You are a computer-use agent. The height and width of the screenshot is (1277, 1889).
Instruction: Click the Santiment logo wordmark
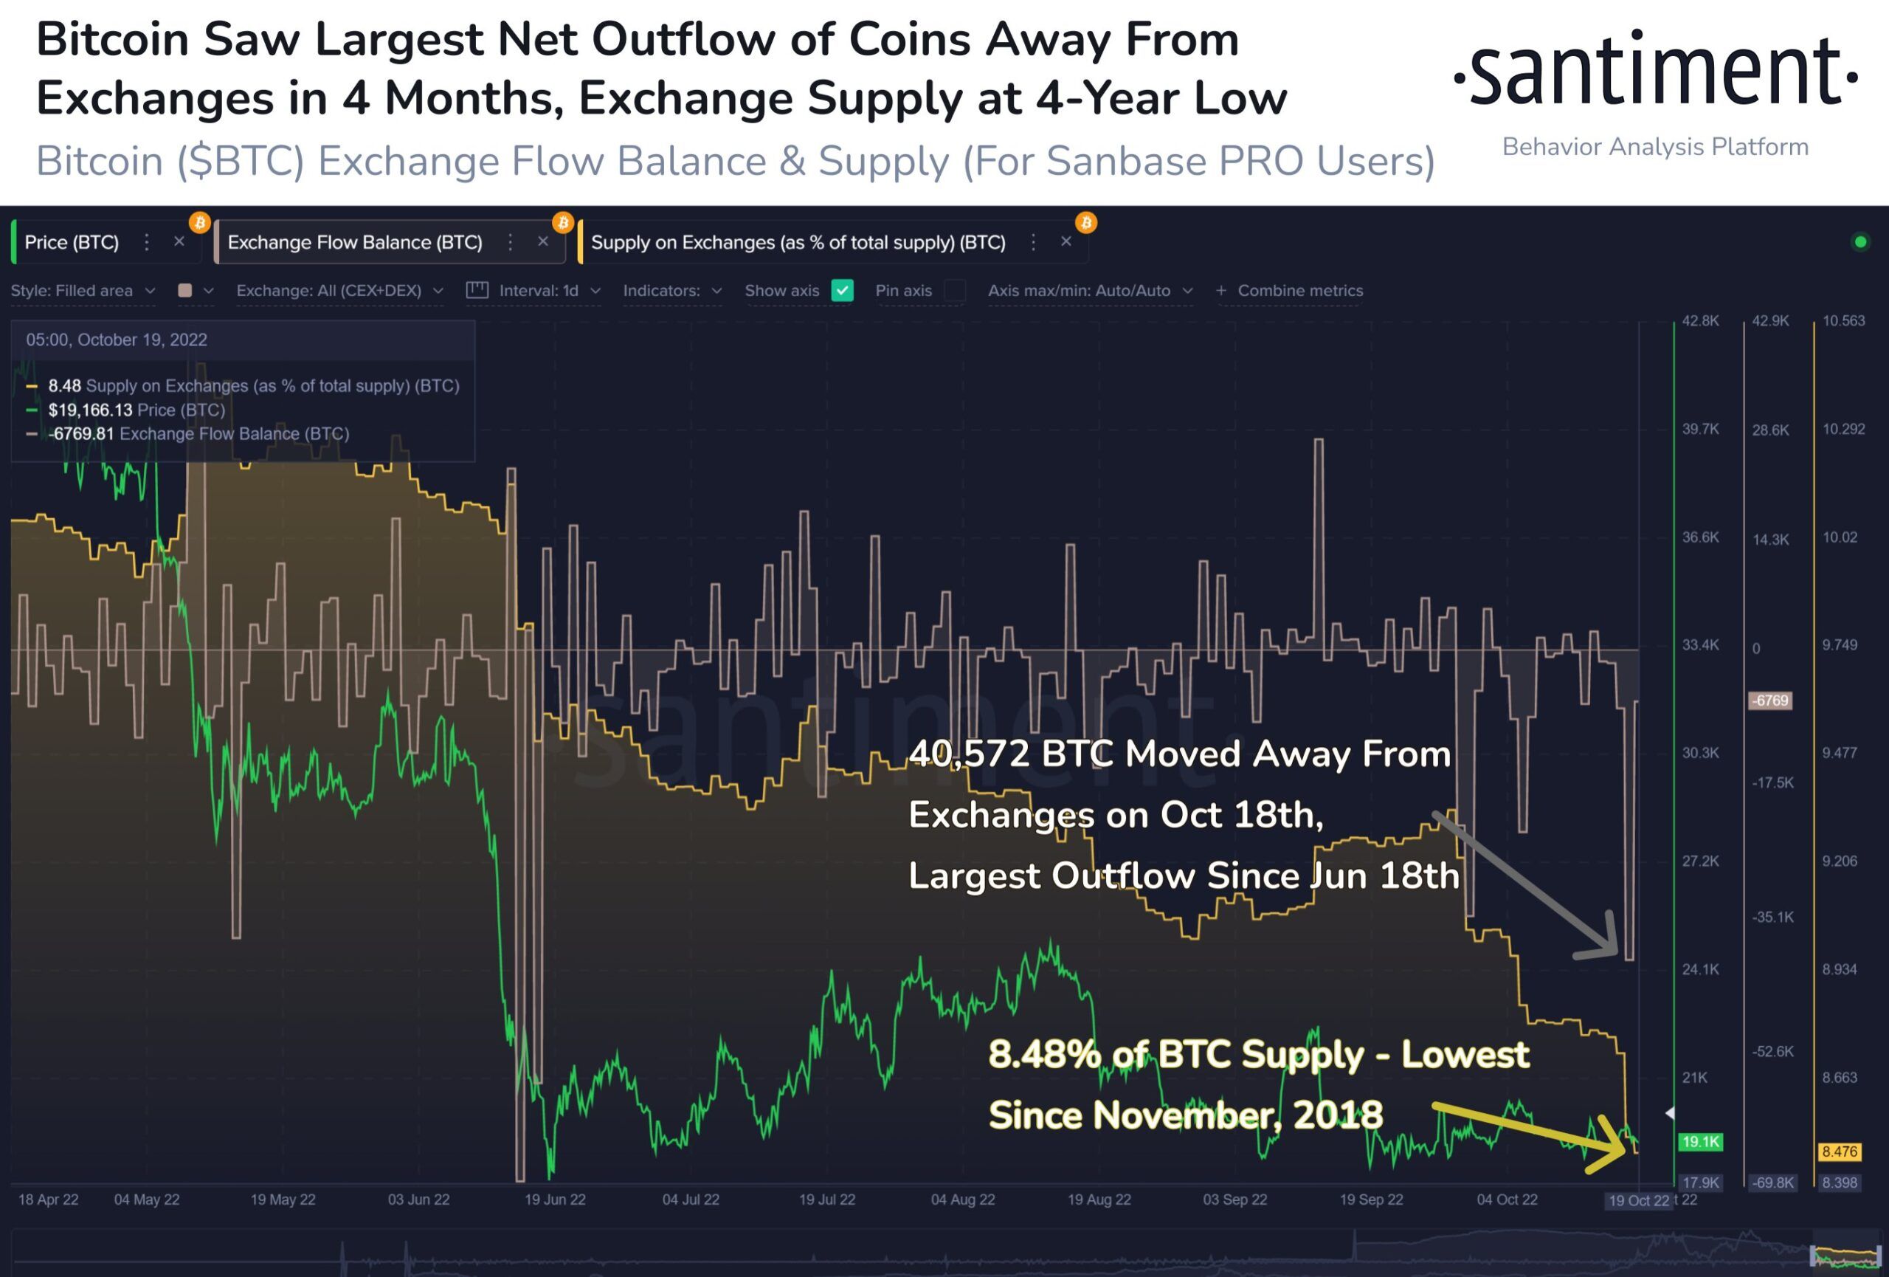point(1655,72)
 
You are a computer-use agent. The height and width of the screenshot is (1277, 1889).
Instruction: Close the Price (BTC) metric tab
point(179,241)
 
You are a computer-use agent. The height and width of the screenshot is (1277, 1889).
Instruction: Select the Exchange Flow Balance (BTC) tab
point(354,242)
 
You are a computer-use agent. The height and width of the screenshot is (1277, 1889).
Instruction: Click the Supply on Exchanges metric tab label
point(798,242)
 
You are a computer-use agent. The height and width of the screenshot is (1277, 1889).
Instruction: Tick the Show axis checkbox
point(842,290)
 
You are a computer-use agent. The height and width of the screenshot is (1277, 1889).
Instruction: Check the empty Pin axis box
point(956,290)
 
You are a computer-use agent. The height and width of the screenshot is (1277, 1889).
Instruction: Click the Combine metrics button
point(1290,290)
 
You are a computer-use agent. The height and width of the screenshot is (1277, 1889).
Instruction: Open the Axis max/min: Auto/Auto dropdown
point(1089,290)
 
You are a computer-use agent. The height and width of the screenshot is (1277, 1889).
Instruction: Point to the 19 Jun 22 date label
point(554,1199)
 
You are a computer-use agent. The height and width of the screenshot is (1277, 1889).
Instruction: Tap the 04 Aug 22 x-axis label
point(962,1199)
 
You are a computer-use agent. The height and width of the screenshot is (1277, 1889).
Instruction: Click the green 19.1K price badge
point(1699,1142)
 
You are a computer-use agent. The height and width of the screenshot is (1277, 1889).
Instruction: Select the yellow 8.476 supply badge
point(1839,1152)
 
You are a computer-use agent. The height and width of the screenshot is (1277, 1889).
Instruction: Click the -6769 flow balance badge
point(1769,701)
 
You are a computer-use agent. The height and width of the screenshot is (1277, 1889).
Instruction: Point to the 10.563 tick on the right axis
point(1843,321)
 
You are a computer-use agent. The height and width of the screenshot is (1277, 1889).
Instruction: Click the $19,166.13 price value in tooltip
point(89,410)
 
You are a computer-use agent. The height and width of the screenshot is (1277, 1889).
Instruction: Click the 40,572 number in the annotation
point(970,754)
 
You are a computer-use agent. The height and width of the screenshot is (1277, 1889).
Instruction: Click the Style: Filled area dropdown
point(82,290)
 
